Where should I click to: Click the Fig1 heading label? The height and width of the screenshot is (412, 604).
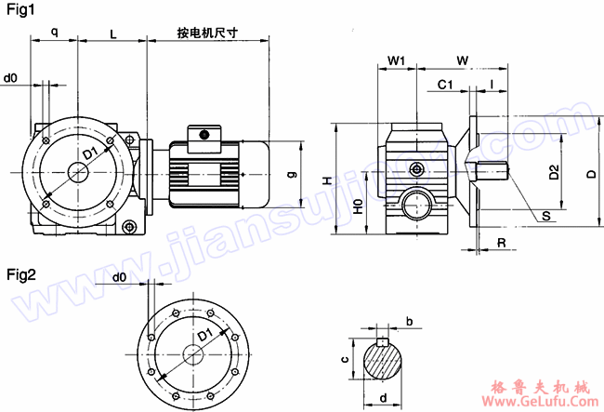tap(20, 10)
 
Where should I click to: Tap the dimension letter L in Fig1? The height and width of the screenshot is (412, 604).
tap(112, 33)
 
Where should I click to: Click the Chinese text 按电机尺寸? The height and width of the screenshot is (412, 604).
tap(207, 33)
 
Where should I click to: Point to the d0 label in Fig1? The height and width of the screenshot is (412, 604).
tap(11, 78)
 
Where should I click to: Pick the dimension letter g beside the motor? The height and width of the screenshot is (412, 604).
tap(291, 174)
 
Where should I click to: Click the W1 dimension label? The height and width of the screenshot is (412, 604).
tap(397, 60)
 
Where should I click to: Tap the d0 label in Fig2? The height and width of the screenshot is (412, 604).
tap(119, 278)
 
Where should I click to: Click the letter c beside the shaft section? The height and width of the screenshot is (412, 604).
tap(344, 358)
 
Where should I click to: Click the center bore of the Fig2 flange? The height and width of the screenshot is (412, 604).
tap(193, 354)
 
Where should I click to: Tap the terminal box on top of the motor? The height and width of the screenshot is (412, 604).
tap(201, 136)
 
